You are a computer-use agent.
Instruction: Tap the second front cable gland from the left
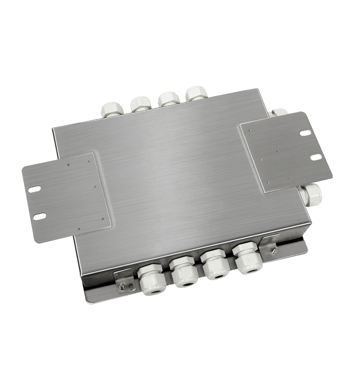tap(184, 272)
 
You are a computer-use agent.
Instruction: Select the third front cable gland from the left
tap(215, 266)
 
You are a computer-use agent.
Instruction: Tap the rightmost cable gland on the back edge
tap(196, 94)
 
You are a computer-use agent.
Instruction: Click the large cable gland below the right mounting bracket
tap(310, 195)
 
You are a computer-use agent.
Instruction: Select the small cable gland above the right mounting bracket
tap(279, 113)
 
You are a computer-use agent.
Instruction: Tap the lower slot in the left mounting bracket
tap(40, 216)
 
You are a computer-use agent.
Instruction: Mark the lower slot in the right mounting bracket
tap(316, 157)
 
